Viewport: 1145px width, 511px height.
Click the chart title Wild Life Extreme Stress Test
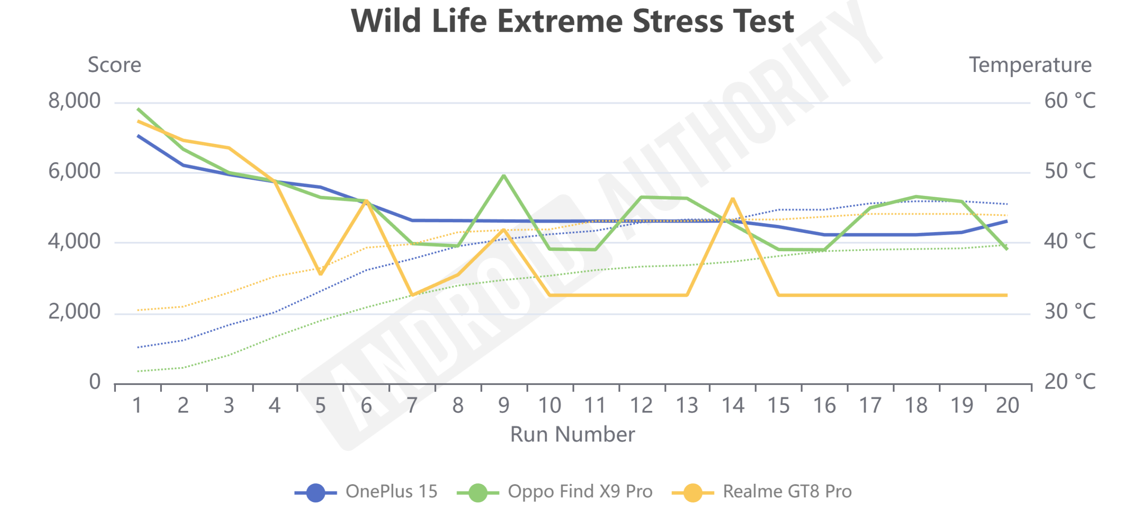(572, 21)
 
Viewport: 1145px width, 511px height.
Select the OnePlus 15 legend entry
(365, 492)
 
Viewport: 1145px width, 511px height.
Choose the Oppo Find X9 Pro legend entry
(555, 492)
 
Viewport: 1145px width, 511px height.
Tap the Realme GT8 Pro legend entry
(762, 492)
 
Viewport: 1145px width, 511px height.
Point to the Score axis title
(114, 65)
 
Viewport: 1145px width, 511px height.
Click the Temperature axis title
(1030, 65)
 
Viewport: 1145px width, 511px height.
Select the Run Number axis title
(572, 434)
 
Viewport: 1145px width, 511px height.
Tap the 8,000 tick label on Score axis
(74, 101)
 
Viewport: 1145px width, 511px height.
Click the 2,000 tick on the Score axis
(74, 312)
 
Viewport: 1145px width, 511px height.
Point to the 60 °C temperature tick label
(1070, 101)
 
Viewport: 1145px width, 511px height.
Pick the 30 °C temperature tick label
(1070, 312)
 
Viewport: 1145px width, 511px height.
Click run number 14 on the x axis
(733, 405)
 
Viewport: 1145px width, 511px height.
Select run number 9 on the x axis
(504, 405)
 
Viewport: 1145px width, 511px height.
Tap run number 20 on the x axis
(1007, 405)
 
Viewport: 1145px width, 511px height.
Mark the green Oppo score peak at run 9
(504, 175)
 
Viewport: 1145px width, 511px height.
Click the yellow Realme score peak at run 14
(733, 198)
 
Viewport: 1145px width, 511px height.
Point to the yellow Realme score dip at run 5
(320, 274)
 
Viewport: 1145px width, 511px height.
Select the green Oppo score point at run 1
(138, 109)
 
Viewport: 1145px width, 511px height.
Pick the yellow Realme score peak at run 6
(366, 201)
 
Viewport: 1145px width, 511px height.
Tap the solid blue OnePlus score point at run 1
(138, 135)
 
